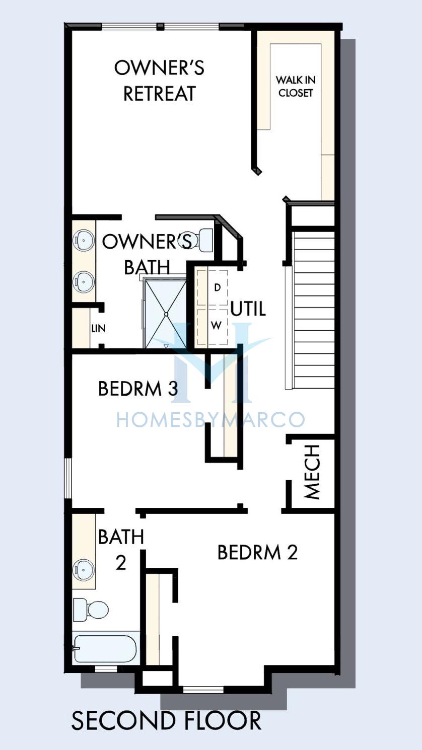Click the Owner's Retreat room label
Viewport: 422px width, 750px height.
point(160,81)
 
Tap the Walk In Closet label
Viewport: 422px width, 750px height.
point(296,87)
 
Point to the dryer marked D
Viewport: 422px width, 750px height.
point(213,287)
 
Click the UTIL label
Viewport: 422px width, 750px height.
point(248,309)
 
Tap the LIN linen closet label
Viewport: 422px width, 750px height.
point(99,328)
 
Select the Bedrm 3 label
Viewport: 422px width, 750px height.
point(138,389)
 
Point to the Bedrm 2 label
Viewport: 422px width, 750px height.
point(257,552)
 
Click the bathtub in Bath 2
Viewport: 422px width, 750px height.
point(105,649)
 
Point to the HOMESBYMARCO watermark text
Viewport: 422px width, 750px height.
point(210,419)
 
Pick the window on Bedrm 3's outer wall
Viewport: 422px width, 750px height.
point(68,478)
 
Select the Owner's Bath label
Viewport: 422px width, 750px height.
point(148,254)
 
